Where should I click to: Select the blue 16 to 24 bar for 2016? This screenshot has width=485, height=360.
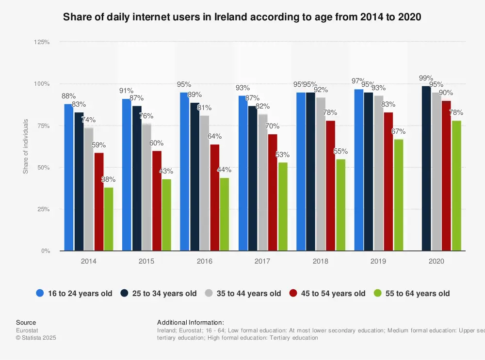point(184,172)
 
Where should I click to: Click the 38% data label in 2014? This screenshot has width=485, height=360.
point(108,180)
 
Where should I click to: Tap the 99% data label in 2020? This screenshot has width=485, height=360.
point(426,78)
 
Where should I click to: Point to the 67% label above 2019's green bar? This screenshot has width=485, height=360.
point(398,131)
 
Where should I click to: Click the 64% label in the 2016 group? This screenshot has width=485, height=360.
point(214,136)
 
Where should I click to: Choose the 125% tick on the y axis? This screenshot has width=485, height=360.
point(42,42)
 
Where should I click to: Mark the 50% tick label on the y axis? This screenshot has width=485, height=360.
point(44,168)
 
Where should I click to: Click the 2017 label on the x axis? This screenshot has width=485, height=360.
point(262,261)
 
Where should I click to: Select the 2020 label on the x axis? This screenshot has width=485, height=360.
point(436,261)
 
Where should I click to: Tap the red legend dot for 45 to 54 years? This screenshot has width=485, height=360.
point(293,293)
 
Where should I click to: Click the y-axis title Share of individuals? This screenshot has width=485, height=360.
point(26,146)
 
